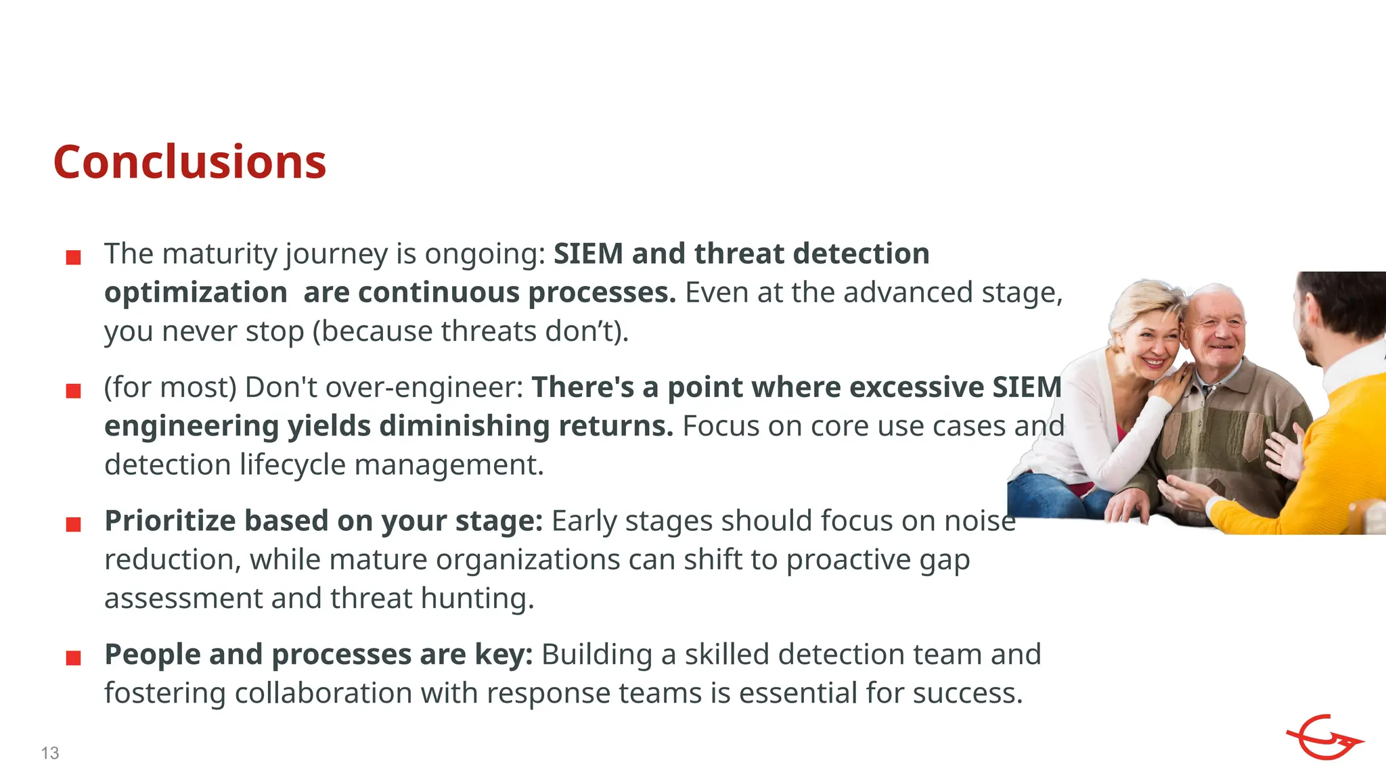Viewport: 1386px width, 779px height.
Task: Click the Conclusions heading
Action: (189, 162)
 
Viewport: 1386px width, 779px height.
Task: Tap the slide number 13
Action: (50, 753)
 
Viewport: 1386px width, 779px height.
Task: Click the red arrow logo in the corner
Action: (1323, 738)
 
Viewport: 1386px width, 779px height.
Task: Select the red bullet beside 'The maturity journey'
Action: (74, 257)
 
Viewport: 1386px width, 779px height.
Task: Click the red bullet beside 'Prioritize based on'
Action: (74, 524)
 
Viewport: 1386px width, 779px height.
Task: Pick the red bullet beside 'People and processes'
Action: (74, 658)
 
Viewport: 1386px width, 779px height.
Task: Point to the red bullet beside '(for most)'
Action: (74, 391)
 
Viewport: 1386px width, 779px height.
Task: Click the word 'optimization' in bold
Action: (196, 293)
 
